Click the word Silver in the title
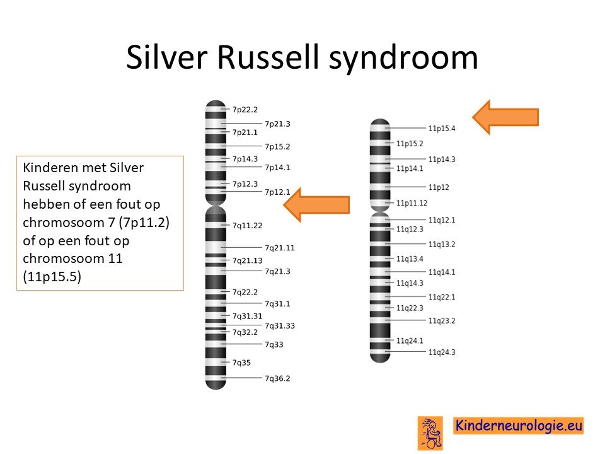(x=166, y=57)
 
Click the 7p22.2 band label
(x=245, y=110)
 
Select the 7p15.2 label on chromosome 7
(x=277, y=147)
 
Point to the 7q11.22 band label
(x=247, y=226)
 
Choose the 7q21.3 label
(x=277, y=271)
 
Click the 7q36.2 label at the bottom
(x=277, y=378)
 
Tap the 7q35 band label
(x=241, y=363)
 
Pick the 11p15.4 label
(x=442, y=129)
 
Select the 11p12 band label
(x=439, y=187)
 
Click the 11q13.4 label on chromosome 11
(x=410, y=259)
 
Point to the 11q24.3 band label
(x=442, y=352)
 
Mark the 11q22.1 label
(x=442, y=297)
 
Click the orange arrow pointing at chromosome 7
(x=317, y=204)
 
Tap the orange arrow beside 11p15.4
(x=505, y=117)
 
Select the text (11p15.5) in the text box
(x=52, y=277)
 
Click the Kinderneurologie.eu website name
(x=519, y=426)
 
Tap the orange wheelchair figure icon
(x=430, y=433)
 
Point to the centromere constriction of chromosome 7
(x=216, y=206)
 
